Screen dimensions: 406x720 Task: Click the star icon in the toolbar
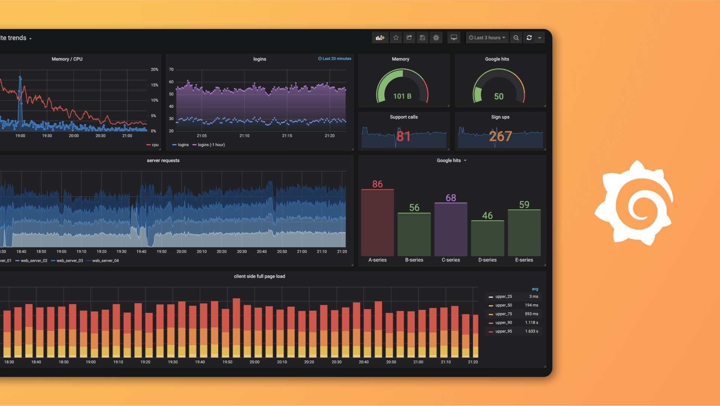396,38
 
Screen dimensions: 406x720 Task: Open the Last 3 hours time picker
487,38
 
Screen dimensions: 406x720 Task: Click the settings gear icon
436,38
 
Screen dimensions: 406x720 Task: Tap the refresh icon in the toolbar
529,38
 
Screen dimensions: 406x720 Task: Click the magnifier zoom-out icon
516,38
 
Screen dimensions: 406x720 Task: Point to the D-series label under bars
487,260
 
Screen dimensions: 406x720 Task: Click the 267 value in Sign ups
500,136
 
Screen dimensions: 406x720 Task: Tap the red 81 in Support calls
403,136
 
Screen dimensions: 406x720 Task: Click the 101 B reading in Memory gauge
402,96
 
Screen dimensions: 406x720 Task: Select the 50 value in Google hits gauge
499,97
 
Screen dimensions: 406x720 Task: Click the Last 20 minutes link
335,59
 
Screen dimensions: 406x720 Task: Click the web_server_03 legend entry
69,261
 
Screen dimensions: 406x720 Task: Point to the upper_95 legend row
503,331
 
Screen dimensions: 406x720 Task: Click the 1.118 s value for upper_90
531,323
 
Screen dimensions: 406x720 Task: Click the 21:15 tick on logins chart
287,136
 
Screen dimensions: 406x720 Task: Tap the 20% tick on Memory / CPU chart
154,69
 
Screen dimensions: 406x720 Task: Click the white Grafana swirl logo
634,203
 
